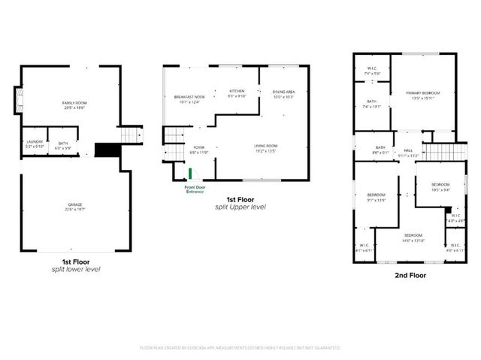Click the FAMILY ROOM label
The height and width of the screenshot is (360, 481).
click(x=74, y=104)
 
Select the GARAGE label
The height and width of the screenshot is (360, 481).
click(x=74, y=207)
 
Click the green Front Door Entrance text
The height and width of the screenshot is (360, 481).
click(x=195, y=191)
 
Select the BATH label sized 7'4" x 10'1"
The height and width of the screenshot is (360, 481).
click(x=371, y=104)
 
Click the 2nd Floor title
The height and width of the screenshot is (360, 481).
click(x=410, y=275)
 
